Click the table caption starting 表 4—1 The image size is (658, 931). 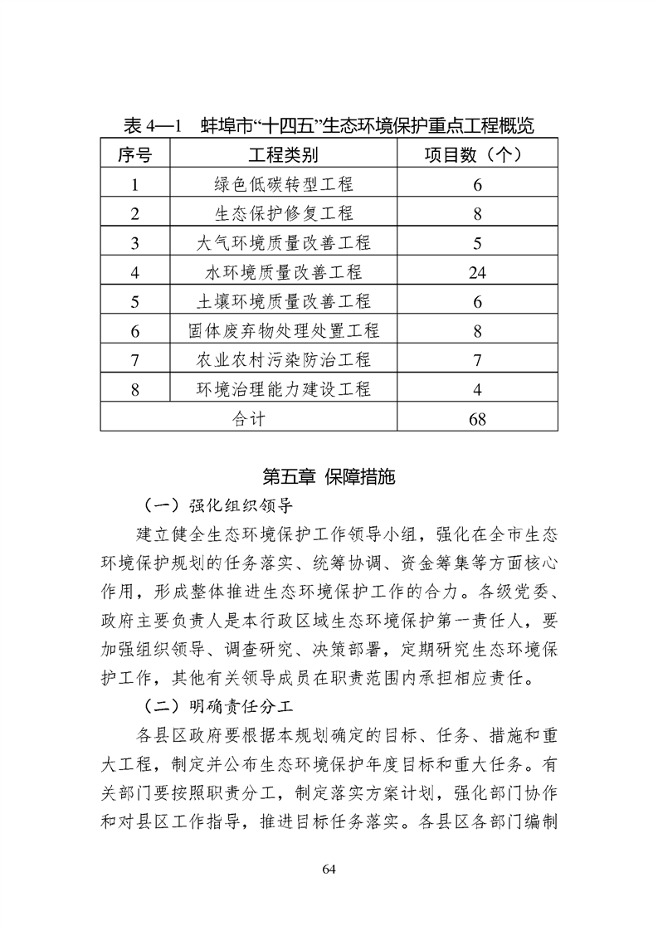point(328,126)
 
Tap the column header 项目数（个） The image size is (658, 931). point(477,154)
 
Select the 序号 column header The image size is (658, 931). point(134,154)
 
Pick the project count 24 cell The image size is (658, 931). point(477,272)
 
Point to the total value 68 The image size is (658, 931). point(477,419)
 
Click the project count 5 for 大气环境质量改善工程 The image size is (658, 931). point(477,243)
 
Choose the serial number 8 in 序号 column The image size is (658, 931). point(134,389)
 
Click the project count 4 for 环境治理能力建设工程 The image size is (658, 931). point(477,389)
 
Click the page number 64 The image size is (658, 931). point(329,869)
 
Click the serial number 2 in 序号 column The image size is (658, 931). point(134,214)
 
